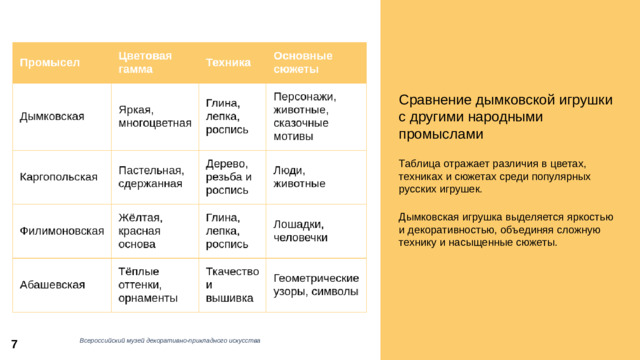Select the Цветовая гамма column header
pyautogui.click(x=145, y=60)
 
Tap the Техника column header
pyautogui.click(x=228, y=62)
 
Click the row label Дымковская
pyautogui.click(x=52, y=116)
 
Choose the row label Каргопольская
pyautogui.click(x=59, y=177)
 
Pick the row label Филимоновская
pyautogui.click(x=62, y=231)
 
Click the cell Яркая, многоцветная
pyautogui.click(x=154, y=116)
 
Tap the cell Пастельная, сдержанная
pyautogui.click(x=150, y=177)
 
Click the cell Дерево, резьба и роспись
pyautogui.click(x=228, y=177)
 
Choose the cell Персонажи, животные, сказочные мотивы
pyautogui.click(x=306, y=116)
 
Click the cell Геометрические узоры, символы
pyautogui.click(x=315, y=285)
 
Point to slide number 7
pyautogui.click(x=15, y=343)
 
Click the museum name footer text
pyautogui.click(x=170, y=342)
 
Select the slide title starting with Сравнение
pyautogui.click(x=505, y=116)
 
